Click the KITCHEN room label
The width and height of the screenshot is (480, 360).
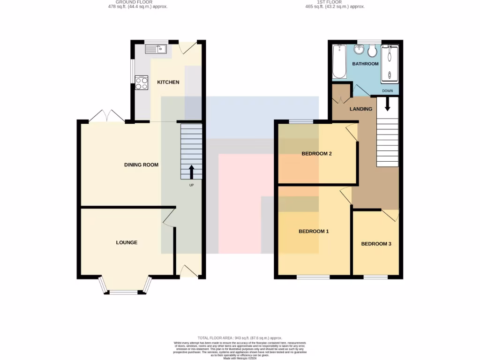(x=168, y=82)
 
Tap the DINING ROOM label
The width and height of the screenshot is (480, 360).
(x=141, y=165)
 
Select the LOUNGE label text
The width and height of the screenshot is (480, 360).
(x=127, y=242)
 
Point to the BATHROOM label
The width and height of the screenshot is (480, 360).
(x=365, y=64)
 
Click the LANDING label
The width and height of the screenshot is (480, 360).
(x=361, y=109)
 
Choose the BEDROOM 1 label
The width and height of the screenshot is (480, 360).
(x=314, y=232)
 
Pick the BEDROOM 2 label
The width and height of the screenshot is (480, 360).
(x=316, y=154)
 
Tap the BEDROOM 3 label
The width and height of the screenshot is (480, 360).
(x=376, y=244)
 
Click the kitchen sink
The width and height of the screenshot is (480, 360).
(x=156, y=48)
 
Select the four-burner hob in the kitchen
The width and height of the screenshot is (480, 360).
(x=142, y=82)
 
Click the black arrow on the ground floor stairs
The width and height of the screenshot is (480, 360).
(x=191, y=172)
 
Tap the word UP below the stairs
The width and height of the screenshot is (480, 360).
(x=191, y=185)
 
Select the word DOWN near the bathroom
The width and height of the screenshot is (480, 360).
(x=387, y=91)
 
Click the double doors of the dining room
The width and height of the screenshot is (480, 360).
(x=107, y=116)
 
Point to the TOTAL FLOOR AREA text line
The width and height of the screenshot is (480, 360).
(x=240, y=338)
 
